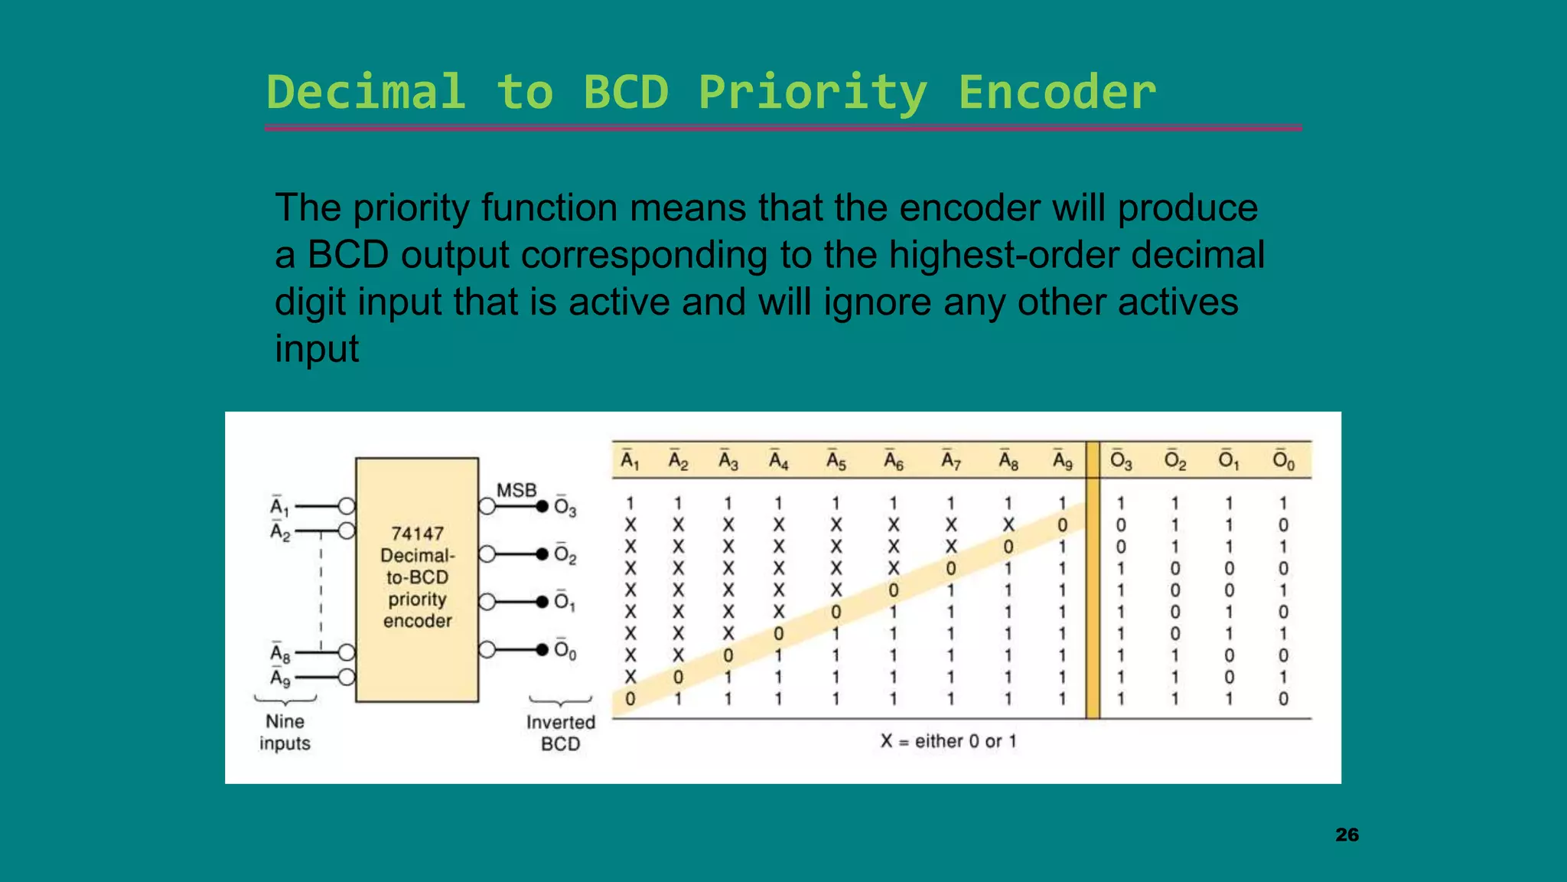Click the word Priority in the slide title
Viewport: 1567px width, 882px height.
[813, 93]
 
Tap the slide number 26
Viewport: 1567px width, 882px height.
[1347, 835]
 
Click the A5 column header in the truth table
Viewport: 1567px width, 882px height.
[836, 461]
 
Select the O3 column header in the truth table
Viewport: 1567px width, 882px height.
[1120, 461]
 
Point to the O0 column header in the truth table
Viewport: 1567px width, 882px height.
[1283, 461]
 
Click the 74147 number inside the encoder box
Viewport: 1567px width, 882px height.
[417, 534]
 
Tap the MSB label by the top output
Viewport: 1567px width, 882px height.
[516, 490]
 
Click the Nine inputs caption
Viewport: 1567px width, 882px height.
[285, 732]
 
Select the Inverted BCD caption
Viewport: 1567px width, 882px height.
[560, 733]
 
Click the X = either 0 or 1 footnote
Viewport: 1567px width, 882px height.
[948, 741]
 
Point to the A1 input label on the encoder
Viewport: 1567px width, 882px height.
[279, 507]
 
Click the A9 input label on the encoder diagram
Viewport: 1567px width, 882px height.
[280, 678]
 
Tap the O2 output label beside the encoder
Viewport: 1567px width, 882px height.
[565, 554]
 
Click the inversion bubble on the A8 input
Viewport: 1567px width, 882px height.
[347, 652]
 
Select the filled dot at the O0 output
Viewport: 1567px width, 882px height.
[542, 650]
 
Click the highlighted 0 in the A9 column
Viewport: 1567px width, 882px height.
[1062, 526]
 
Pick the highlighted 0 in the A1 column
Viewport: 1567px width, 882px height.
[630, 699]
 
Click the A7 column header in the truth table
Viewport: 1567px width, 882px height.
[950, 461]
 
